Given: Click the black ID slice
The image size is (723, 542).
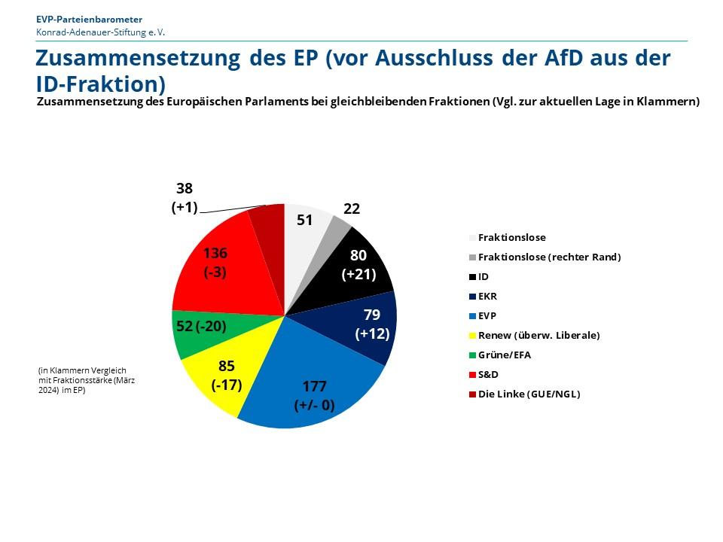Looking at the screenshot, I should tap(354, 260).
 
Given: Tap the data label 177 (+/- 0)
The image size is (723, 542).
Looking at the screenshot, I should tap(314, 396).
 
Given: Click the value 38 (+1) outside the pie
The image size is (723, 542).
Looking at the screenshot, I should tap(184, 198).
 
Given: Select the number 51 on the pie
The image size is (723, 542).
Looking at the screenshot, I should tap(304, 220).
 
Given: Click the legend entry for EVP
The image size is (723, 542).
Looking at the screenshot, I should tap(487, 315).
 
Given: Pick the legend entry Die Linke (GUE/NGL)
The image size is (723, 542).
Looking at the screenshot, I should tap(529, 394).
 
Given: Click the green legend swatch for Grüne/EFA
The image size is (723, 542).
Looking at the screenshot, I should tap(472, 355).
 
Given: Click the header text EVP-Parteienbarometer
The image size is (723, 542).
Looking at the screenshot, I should tap(89, 19).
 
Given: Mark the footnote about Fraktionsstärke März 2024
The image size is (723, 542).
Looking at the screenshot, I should tap(87, 380).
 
